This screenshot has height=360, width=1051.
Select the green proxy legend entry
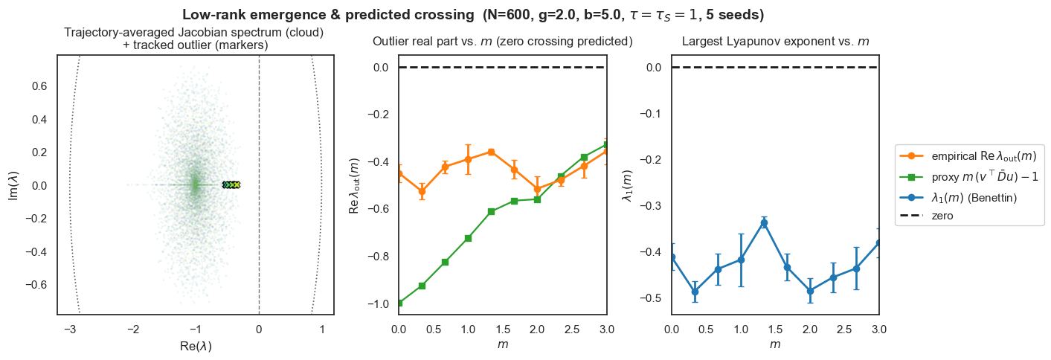(x=964, y=178)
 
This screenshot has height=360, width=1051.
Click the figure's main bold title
(x=473, y=15)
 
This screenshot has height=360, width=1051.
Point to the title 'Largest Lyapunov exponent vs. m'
(x=775, y=42)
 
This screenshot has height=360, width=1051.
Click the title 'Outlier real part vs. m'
(x=502, y=42)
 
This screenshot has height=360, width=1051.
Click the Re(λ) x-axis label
(x=196, y=347)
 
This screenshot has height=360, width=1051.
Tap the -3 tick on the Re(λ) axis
(x=68, y=328)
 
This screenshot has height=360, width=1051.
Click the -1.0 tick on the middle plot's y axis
(x=379, y=303)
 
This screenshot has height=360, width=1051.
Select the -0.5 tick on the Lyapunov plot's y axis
(x=655, y=298)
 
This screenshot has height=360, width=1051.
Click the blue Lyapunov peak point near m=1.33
(x=764, y=222)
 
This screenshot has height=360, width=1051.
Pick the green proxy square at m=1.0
(x=468, y=238)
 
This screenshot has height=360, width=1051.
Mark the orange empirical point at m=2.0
(x=537, y=189)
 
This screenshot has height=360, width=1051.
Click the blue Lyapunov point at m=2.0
(x=810, y=291)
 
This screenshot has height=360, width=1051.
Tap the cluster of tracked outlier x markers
(x=231, y=184)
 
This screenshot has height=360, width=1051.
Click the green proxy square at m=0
(x=399, y=303)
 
